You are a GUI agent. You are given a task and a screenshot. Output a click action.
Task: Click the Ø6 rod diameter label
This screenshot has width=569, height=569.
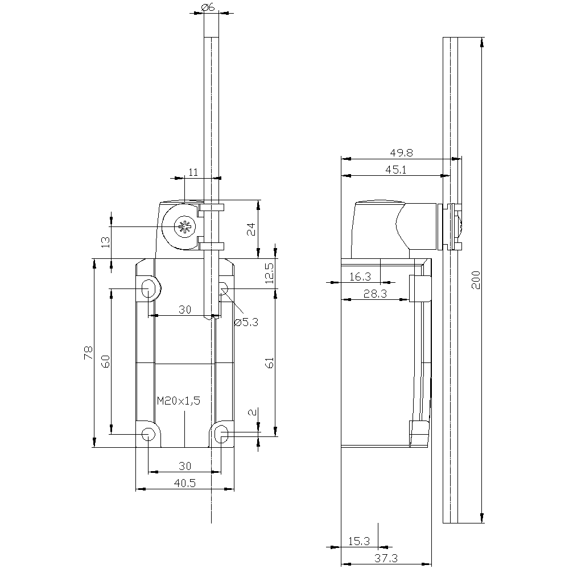208,7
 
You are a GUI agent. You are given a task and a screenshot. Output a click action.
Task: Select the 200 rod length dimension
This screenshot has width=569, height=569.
475,280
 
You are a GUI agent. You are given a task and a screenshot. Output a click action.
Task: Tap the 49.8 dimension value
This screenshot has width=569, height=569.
401,152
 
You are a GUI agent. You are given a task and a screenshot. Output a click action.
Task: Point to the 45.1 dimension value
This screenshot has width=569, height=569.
395,170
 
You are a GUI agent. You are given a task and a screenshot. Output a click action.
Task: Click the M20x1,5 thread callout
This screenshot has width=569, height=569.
179,401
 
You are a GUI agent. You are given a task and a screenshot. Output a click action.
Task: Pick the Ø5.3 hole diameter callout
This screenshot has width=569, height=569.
246,322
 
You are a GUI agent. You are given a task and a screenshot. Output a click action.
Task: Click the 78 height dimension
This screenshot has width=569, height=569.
88,353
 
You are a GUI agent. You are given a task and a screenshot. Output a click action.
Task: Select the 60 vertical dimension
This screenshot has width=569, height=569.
105,361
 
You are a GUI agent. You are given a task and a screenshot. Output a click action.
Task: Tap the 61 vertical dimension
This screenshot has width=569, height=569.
270,362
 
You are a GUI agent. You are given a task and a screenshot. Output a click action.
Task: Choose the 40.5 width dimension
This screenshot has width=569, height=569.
185,483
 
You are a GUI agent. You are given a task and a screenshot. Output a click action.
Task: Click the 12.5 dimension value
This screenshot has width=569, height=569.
270,273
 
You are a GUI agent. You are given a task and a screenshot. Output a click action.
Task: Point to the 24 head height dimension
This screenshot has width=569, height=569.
251,229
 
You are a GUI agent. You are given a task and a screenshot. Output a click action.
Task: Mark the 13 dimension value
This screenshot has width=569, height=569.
105,242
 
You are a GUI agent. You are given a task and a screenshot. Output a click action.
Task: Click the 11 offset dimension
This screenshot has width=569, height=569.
193,172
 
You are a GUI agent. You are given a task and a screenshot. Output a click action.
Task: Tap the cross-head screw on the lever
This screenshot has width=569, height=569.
185,227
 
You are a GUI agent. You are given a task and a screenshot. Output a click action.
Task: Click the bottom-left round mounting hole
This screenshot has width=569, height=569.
148,434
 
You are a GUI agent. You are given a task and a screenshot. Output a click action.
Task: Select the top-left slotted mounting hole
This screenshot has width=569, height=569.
148,288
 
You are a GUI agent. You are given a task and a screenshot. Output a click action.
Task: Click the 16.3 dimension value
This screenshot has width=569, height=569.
360,277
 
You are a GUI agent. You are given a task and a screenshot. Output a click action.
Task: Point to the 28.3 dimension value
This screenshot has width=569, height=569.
375,294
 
